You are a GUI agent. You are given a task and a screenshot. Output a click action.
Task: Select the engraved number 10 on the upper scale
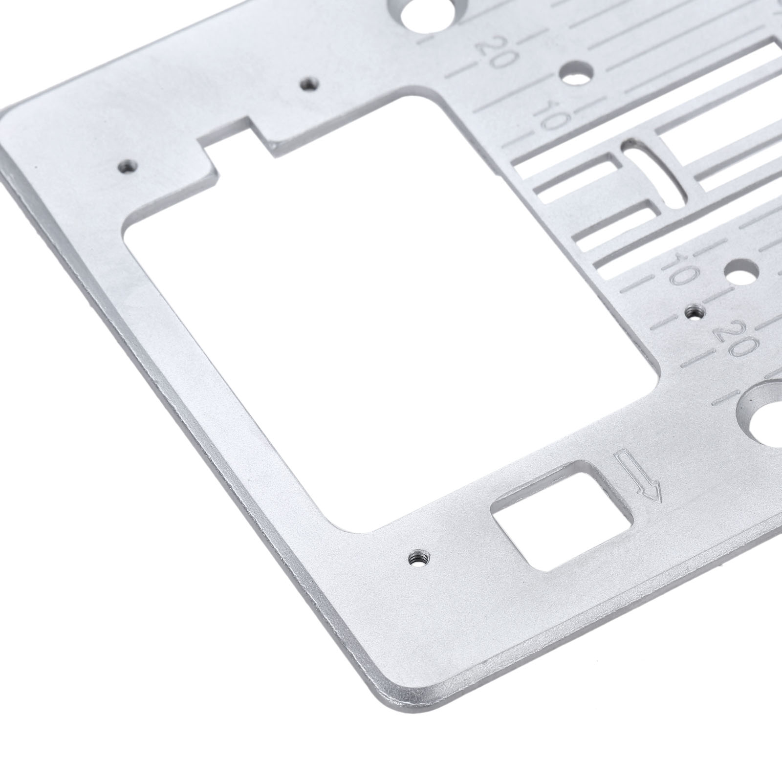(x=550, y=114)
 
